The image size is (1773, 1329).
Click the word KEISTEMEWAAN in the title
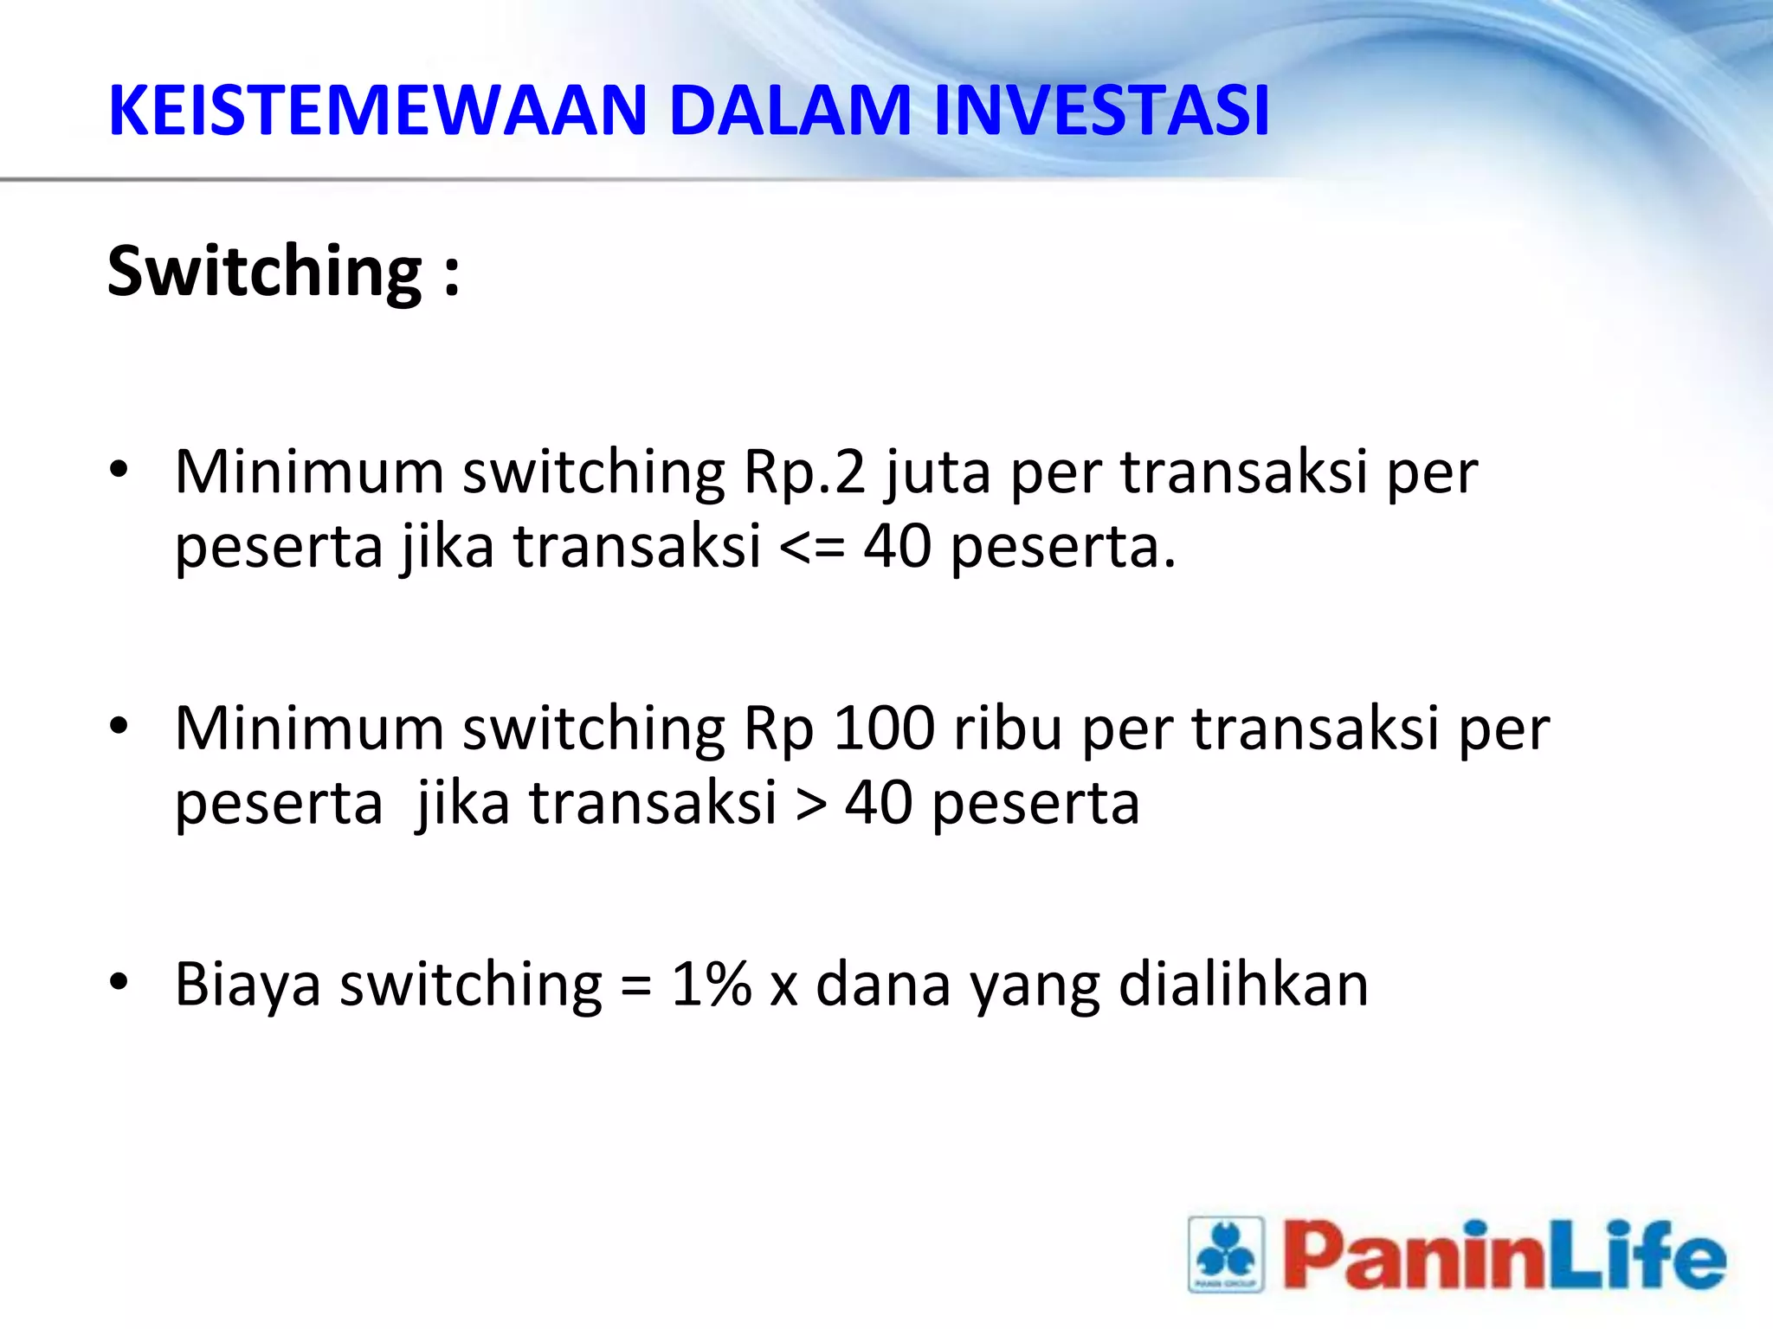tap(377, 111)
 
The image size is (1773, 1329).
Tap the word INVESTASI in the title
tap(1101, 111)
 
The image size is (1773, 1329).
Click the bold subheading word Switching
tap(264, 272)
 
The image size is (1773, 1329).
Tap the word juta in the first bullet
tap(938, 474)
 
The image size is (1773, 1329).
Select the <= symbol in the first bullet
tap(812, 549)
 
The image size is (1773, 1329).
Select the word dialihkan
tap(1243, 985)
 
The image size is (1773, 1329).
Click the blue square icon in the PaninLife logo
tap(1226, 1255)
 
